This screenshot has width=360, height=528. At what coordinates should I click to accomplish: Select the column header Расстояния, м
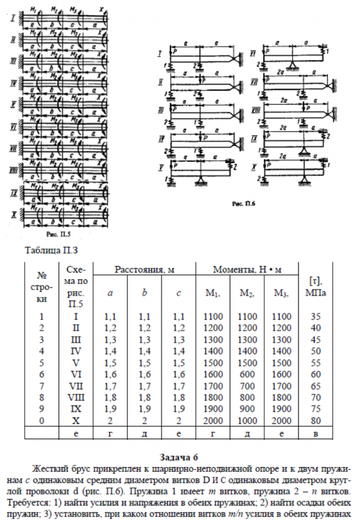pos(144,269)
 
